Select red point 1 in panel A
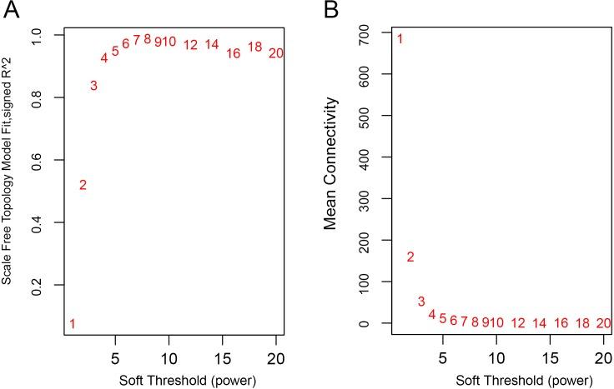[73, 324]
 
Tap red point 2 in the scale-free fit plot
[83, 185]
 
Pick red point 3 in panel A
[93, 86]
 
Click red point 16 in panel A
[234, 53]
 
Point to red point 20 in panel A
[277, 53]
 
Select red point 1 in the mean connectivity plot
[400, 38]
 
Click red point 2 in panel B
[410, 257]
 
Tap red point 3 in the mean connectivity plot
[421, 302]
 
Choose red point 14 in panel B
[539, 323]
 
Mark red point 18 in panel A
[255, 47]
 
